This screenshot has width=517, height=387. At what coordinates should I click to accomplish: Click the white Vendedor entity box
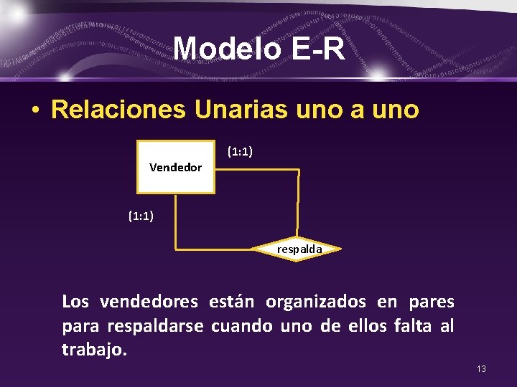(176, 167)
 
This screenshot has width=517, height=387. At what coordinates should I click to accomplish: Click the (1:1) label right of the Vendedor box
(239, 151)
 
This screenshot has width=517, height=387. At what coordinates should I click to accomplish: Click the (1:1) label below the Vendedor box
(141, 215)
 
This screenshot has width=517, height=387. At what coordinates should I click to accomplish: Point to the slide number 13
(481, 368)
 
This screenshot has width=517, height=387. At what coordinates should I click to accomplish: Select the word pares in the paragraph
(431, 302)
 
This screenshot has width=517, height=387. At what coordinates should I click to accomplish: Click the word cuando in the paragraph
(242, 326)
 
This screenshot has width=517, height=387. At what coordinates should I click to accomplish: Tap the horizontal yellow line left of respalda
(215, 249)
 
